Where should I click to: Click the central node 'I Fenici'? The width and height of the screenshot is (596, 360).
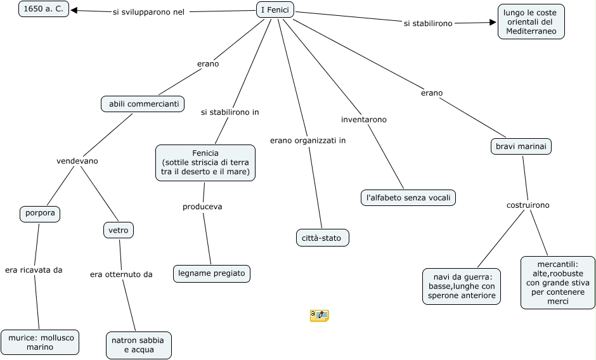point(275,10)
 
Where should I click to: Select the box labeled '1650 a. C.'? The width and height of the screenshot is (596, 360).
point(44,9)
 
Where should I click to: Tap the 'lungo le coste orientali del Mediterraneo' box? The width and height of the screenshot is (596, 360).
point(531,22)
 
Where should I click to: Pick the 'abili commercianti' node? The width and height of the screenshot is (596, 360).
point(143,104)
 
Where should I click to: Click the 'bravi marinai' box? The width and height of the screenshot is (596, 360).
point(521,146)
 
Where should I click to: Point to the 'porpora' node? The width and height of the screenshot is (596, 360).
point(40,213)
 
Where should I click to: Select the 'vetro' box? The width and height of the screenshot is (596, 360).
point(119,230)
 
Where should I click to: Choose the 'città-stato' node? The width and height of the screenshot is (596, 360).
point(322,238)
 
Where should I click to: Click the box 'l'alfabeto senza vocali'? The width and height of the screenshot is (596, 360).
point(408,198)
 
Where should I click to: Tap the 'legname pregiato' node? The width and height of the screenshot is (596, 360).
point(212,273)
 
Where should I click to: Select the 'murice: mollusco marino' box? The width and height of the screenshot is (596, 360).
point(41,342)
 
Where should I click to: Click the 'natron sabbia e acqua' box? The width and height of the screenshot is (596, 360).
point(139,345)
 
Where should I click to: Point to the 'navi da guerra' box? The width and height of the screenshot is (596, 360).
point(462,286)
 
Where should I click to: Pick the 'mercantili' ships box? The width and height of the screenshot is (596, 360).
point(557,283)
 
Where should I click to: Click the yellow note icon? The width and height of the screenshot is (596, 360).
point(320,316)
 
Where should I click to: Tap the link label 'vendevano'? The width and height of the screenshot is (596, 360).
point(77,161)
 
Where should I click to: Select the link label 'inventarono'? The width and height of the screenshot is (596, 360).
point(364,119)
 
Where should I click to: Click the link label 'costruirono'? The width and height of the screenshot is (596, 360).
point(528,205)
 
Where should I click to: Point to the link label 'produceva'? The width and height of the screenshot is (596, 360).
point(202,207)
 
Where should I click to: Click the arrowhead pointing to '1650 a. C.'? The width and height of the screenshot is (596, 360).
point(74,10)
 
